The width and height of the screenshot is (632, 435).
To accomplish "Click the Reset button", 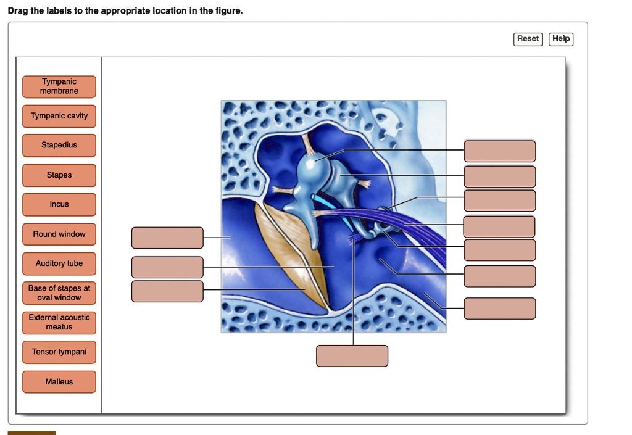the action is tap(528, 39).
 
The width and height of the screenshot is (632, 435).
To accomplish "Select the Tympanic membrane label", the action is tap(59, 86).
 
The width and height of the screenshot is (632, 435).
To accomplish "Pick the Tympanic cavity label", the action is tap(59, 116).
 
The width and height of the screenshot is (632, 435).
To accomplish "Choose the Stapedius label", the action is tap(59, 146).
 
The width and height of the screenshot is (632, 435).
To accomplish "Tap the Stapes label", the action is tap(59, 175).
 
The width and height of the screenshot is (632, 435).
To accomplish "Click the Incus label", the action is tap(59, 205).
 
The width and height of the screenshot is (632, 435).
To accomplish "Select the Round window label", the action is tap(59, 234).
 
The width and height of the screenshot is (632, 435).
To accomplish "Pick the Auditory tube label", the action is tap(59, 264).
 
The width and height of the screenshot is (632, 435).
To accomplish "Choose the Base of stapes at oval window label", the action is tap(59, 293).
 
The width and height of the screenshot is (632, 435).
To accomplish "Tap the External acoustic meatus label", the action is tap(59, 323).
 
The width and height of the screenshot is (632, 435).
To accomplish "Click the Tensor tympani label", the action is tap(59, 352).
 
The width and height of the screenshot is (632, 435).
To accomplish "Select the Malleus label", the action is tap(59, 382).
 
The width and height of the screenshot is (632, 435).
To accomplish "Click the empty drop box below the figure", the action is tap(352, 356).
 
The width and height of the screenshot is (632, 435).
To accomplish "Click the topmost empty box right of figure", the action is tap(500, 151).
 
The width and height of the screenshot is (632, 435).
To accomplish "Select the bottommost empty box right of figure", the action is tap(500, 309).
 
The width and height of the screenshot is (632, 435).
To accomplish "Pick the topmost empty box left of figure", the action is tap(167, 238).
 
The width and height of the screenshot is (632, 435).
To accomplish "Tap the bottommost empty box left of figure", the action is tap(167, 291).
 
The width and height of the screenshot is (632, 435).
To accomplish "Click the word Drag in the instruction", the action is tap(18, 11).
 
